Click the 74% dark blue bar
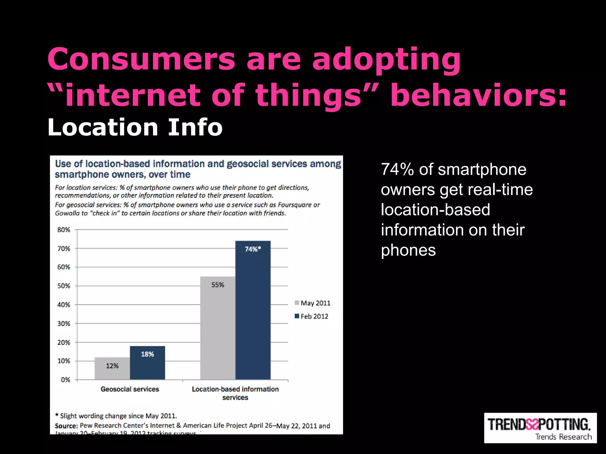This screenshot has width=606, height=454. click(253, 310)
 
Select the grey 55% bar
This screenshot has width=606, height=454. click(217, 328)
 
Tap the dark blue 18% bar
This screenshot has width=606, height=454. click(147, 363)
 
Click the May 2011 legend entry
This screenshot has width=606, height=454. click(312, 303)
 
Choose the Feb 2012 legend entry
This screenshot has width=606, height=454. click(312, 316)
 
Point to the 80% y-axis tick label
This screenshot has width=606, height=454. click(64, 230)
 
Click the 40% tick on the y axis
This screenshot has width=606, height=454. click(64, 305)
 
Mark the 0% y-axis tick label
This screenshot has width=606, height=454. click(65, 380)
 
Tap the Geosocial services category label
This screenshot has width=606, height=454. click(130, 389)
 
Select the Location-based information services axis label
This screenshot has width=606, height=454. click(235, 393)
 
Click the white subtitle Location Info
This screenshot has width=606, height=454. click(135, 127)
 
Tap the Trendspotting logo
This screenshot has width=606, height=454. click(540, 428)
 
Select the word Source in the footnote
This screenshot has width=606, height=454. click(66, 426)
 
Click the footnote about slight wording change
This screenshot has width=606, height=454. click(116, 416)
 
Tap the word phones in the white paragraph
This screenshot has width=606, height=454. click(408, 250)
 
